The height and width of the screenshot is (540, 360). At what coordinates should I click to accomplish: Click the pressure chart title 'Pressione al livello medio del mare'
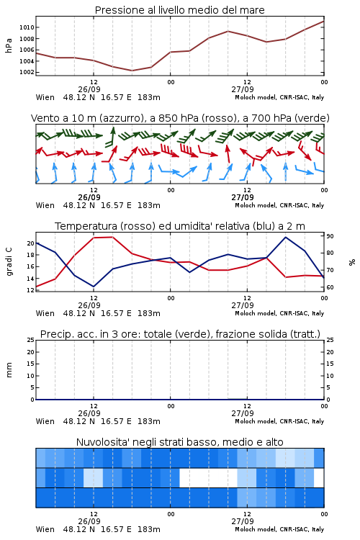(179, 10)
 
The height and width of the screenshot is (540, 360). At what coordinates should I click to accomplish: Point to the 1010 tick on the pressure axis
(27, 27)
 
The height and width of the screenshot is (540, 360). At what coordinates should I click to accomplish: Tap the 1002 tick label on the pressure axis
(27, 72)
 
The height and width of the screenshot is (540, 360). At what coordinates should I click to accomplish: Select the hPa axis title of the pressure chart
(9, 45)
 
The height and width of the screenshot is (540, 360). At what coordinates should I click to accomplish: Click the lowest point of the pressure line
(132, 71)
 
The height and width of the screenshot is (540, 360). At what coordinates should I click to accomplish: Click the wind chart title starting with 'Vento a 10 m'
(180, 118)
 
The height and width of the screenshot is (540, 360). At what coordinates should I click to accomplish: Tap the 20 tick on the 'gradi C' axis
(31, 243)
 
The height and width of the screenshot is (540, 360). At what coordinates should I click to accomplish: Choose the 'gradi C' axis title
(9, 261)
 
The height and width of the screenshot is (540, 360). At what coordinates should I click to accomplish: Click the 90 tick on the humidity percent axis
(330, 236)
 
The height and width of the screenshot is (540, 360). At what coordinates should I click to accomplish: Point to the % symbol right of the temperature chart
(352, 262)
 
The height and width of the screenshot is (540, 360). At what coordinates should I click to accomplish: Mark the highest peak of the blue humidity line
(285, 237)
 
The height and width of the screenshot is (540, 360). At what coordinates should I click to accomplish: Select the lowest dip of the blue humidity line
(94, 287)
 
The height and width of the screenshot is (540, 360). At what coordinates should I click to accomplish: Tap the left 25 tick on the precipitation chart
(31, 341)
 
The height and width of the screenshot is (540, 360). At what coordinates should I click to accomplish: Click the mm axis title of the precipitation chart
(9, 370)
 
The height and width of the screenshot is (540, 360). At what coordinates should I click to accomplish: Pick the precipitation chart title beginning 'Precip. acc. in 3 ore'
(180, 334)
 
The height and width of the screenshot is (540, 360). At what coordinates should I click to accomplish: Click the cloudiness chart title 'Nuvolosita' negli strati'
(179, 442)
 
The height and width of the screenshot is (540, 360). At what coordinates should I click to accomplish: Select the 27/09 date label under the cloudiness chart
(243, 521)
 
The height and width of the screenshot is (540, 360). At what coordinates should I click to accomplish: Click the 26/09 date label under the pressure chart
(89, 89)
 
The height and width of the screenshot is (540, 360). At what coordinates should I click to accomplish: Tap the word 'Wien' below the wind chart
(45, 206)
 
